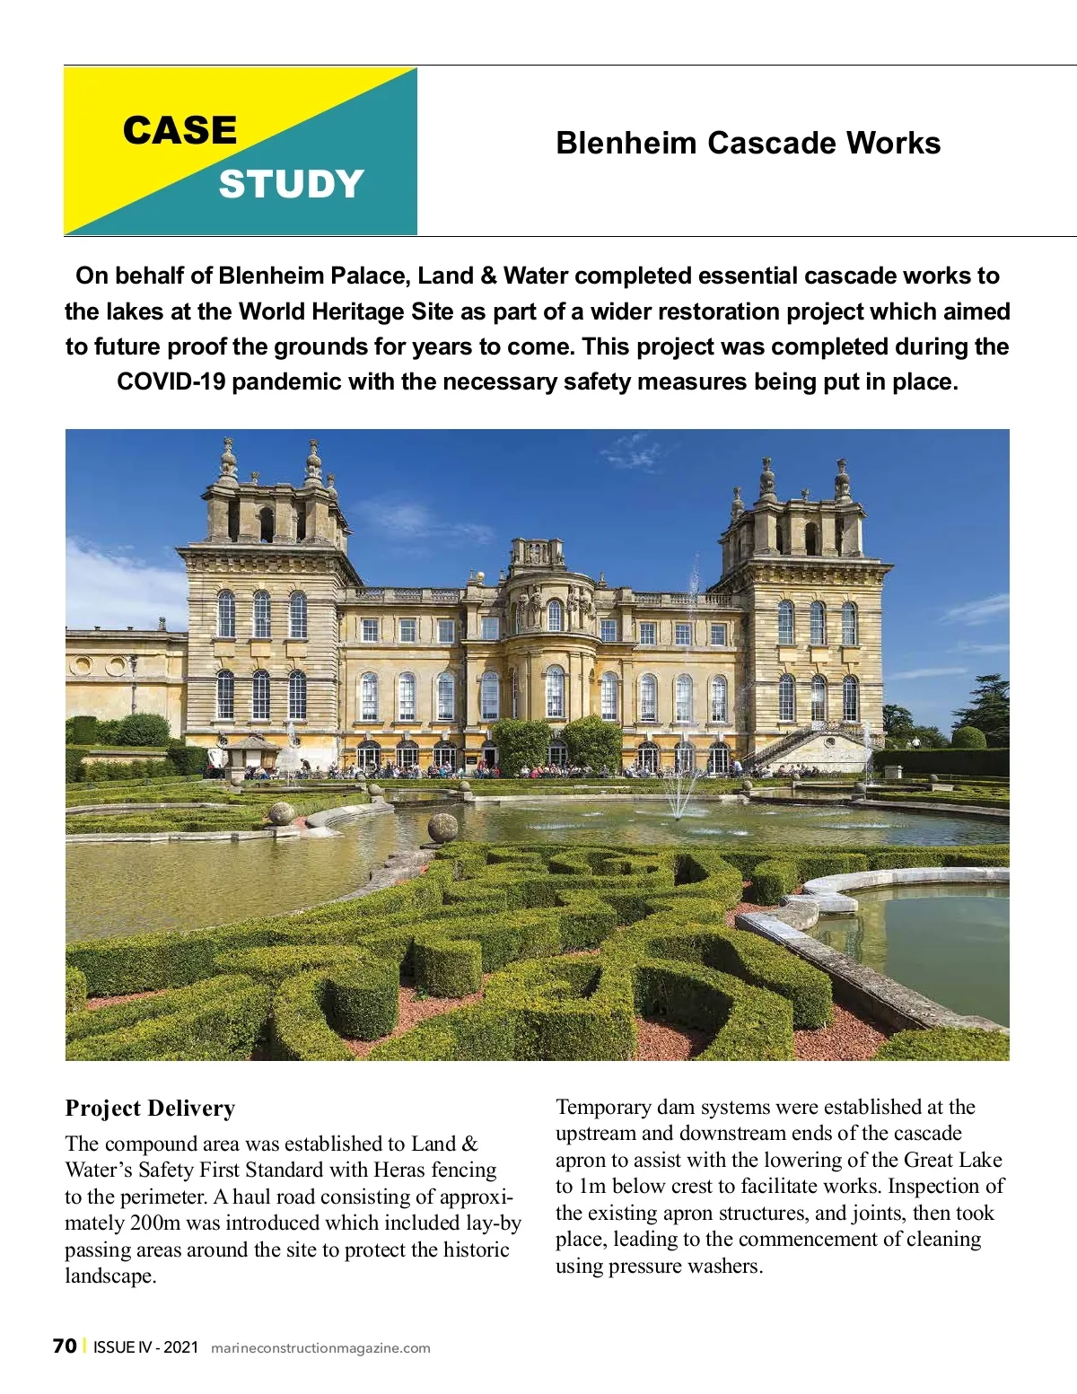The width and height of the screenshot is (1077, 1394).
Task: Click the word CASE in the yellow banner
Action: click(x=179, y=131)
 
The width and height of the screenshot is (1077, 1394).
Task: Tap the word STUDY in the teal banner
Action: click(x=291, y=184)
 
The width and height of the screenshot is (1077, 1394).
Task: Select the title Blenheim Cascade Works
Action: click(x=748, y=144)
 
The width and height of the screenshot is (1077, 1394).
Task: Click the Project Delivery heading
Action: click(x=150, y=1109)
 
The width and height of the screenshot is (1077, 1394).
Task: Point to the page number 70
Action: click(x=65, y=1346)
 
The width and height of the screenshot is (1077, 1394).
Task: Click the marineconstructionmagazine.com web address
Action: click(x=320, y=1348)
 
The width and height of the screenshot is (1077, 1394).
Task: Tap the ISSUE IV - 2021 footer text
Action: click(x=145, y=1347)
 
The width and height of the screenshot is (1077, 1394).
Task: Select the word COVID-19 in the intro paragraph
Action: click(x=171, y=382)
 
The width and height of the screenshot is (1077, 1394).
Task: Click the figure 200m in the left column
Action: click(x=160, y=1223)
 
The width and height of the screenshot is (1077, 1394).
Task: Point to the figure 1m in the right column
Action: click(x=593, y=1187)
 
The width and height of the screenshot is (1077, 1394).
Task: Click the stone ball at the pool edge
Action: click(x=442, y=827)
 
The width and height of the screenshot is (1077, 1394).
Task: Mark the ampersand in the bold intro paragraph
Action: click(x=489, y=276)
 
